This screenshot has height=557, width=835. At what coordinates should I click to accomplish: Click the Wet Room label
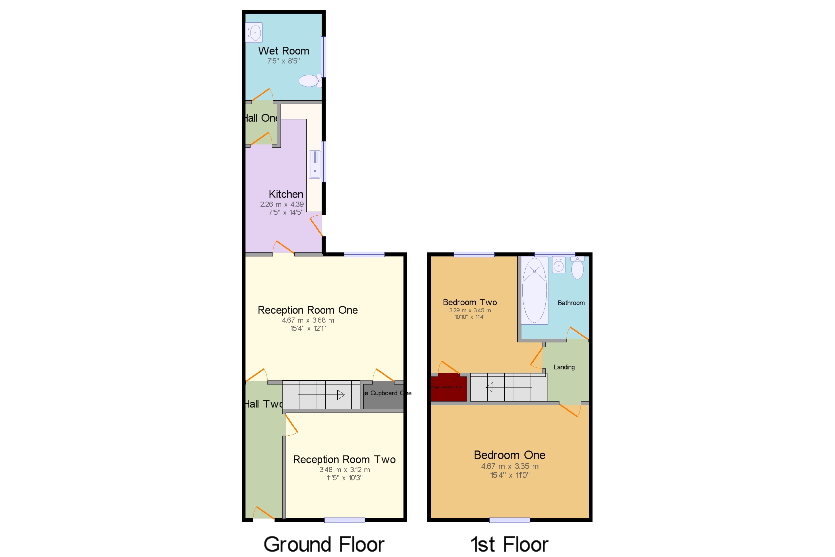click(283, 51)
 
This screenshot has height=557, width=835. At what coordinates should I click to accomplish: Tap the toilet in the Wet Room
click(309, 81)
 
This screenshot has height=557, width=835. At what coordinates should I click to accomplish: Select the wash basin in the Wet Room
click(254, 33)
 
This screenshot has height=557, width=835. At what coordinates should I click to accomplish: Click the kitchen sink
click(315, 164)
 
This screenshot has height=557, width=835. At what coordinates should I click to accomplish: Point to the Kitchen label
click(286, 194)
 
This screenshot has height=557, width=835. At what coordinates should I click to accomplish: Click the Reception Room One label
click(307, 310)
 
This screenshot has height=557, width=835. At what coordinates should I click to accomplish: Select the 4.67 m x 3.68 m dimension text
click(308, 320)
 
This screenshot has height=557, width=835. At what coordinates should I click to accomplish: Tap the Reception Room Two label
click(344, 460)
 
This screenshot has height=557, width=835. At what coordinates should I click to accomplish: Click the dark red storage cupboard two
click(449, 387)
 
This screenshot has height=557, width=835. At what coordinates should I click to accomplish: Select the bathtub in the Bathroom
click(534, 290)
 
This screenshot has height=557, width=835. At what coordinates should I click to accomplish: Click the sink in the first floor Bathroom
click(558, 265)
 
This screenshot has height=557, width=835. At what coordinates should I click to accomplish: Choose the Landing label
click(564, 367)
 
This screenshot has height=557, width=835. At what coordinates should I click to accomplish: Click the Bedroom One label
click(509, 455)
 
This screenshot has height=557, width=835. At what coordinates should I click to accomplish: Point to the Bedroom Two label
click(470, 302)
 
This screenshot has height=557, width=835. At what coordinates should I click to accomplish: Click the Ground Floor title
click(324, 544)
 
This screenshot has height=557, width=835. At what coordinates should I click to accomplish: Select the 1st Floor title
click(509, 544)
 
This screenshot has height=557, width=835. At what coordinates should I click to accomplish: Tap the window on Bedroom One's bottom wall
click(510, 521)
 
